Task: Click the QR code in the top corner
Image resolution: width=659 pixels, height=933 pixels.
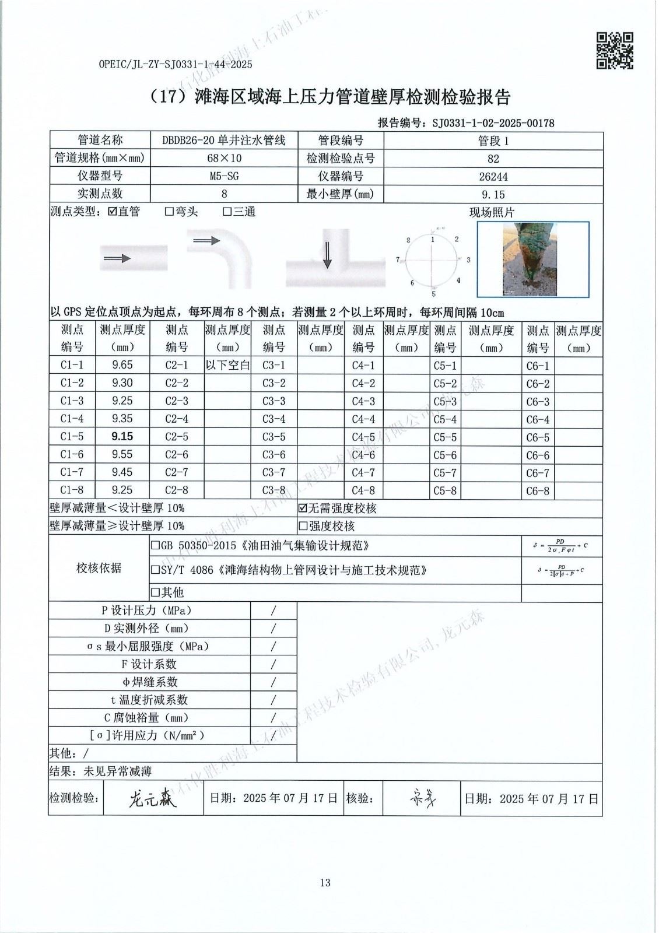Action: click(614, 50)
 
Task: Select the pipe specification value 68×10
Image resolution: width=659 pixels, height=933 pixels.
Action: click(224, 158)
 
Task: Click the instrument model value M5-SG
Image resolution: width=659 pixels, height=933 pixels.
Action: click(224, 176)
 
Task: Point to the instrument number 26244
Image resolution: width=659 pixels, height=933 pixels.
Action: click(493, 176)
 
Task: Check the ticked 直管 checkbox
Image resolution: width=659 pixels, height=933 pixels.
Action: click(113, 212)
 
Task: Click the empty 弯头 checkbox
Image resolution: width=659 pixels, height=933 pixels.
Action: click(170, 212)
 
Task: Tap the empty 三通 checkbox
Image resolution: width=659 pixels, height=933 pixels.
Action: click(227, 212)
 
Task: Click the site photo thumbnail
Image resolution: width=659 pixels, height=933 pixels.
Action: click(533, 257)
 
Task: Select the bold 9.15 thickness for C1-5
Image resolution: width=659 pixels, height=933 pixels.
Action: click(122, 436)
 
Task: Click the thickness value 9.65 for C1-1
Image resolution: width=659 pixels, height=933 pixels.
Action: click(122, 365)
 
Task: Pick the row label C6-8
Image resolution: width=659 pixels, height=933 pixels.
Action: click(537, 490)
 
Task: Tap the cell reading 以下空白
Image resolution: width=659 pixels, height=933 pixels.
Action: click(227, 365)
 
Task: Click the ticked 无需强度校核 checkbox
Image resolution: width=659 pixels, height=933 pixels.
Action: click(303, 508)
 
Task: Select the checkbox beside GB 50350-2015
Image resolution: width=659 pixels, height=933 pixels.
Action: click(155, 546)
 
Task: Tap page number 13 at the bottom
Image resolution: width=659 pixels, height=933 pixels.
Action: click(325, 882)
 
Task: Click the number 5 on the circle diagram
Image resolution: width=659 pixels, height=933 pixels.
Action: click(433, 293)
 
